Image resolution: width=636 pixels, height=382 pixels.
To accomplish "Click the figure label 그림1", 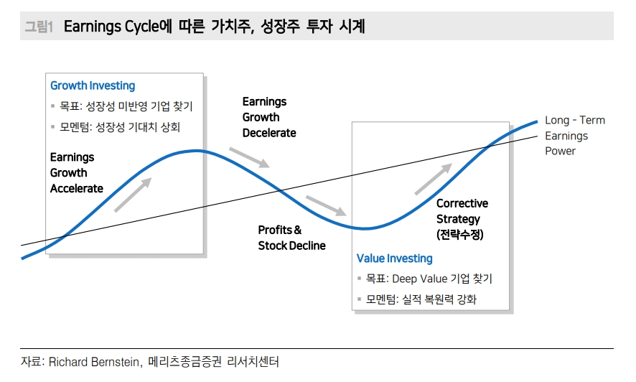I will tap(39, 27).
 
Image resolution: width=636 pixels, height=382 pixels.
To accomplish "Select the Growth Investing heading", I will tap(93, 85).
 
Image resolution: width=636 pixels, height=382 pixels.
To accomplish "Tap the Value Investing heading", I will tap(395, 258).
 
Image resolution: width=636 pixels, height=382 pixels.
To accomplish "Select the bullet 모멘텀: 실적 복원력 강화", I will tap(421, 299).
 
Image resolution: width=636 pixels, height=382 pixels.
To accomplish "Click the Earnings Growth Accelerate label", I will tap(77, 172).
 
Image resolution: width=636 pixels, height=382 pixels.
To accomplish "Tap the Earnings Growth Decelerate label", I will tap(269, 117).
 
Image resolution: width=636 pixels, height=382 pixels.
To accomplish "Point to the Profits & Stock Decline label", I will tap(291, 238).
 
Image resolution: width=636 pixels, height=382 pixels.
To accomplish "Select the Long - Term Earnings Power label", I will tap(574, 135).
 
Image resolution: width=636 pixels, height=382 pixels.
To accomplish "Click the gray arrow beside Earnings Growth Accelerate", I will tap(133, 195).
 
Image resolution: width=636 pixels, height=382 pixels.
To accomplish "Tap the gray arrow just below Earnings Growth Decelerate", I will tap(249, 157).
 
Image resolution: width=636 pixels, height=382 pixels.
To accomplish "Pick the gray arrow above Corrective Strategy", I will tap(434, 179).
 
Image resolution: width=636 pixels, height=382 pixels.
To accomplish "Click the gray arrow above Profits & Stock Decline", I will tap(327, 205).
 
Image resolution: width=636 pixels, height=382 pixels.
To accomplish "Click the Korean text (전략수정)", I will tap(460, 235).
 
